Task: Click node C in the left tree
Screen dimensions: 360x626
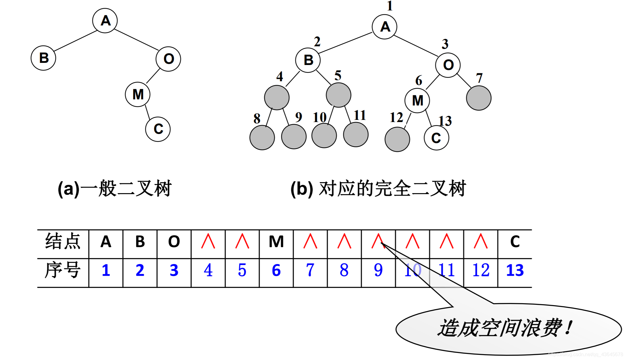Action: pyautogui.click(x=158, y=129)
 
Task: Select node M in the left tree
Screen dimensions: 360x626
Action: pyautogui.click(x=138, y=94)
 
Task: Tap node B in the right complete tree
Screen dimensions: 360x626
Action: pyautogui.click(x=308, y=60)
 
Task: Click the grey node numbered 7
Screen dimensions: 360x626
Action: pyautogui.click(x=479, y=98)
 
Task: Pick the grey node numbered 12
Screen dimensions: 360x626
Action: pyautogui.click(x=397, y=139)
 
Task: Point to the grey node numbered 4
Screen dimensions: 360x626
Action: pyautogui.click(x=277, y=98)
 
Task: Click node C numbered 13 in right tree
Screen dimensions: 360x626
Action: pyautogui.click(x=436, y=138)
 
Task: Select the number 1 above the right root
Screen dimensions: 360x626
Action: pyautogui.click(x=390, y=6)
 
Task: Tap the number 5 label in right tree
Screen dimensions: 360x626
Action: pyautogui.click(x=338, y=75)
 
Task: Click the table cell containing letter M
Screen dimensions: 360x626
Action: pyautogui.click(x=276, y=242)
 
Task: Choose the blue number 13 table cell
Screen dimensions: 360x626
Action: pyautogui.click(x=515, y=270)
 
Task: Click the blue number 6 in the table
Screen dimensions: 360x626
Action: pyautogui.click(x=276, y=270)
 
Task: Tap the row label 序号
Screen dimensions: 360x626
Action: pyautogui.click(x=63, y=270)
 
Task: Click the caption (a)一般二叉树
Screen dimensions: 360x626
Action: pyautogui.click(x=115, y=188)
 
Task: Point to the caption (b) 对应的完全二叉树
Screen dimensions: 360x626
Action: pyautogui.click(x=378, y=188)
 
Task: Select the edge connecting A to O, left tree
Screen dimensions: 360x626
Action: pyautogui.click(x=136, y=40)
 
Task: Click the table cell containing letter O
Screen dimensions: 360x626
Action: pyautogui.click(x=174, y=242)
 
